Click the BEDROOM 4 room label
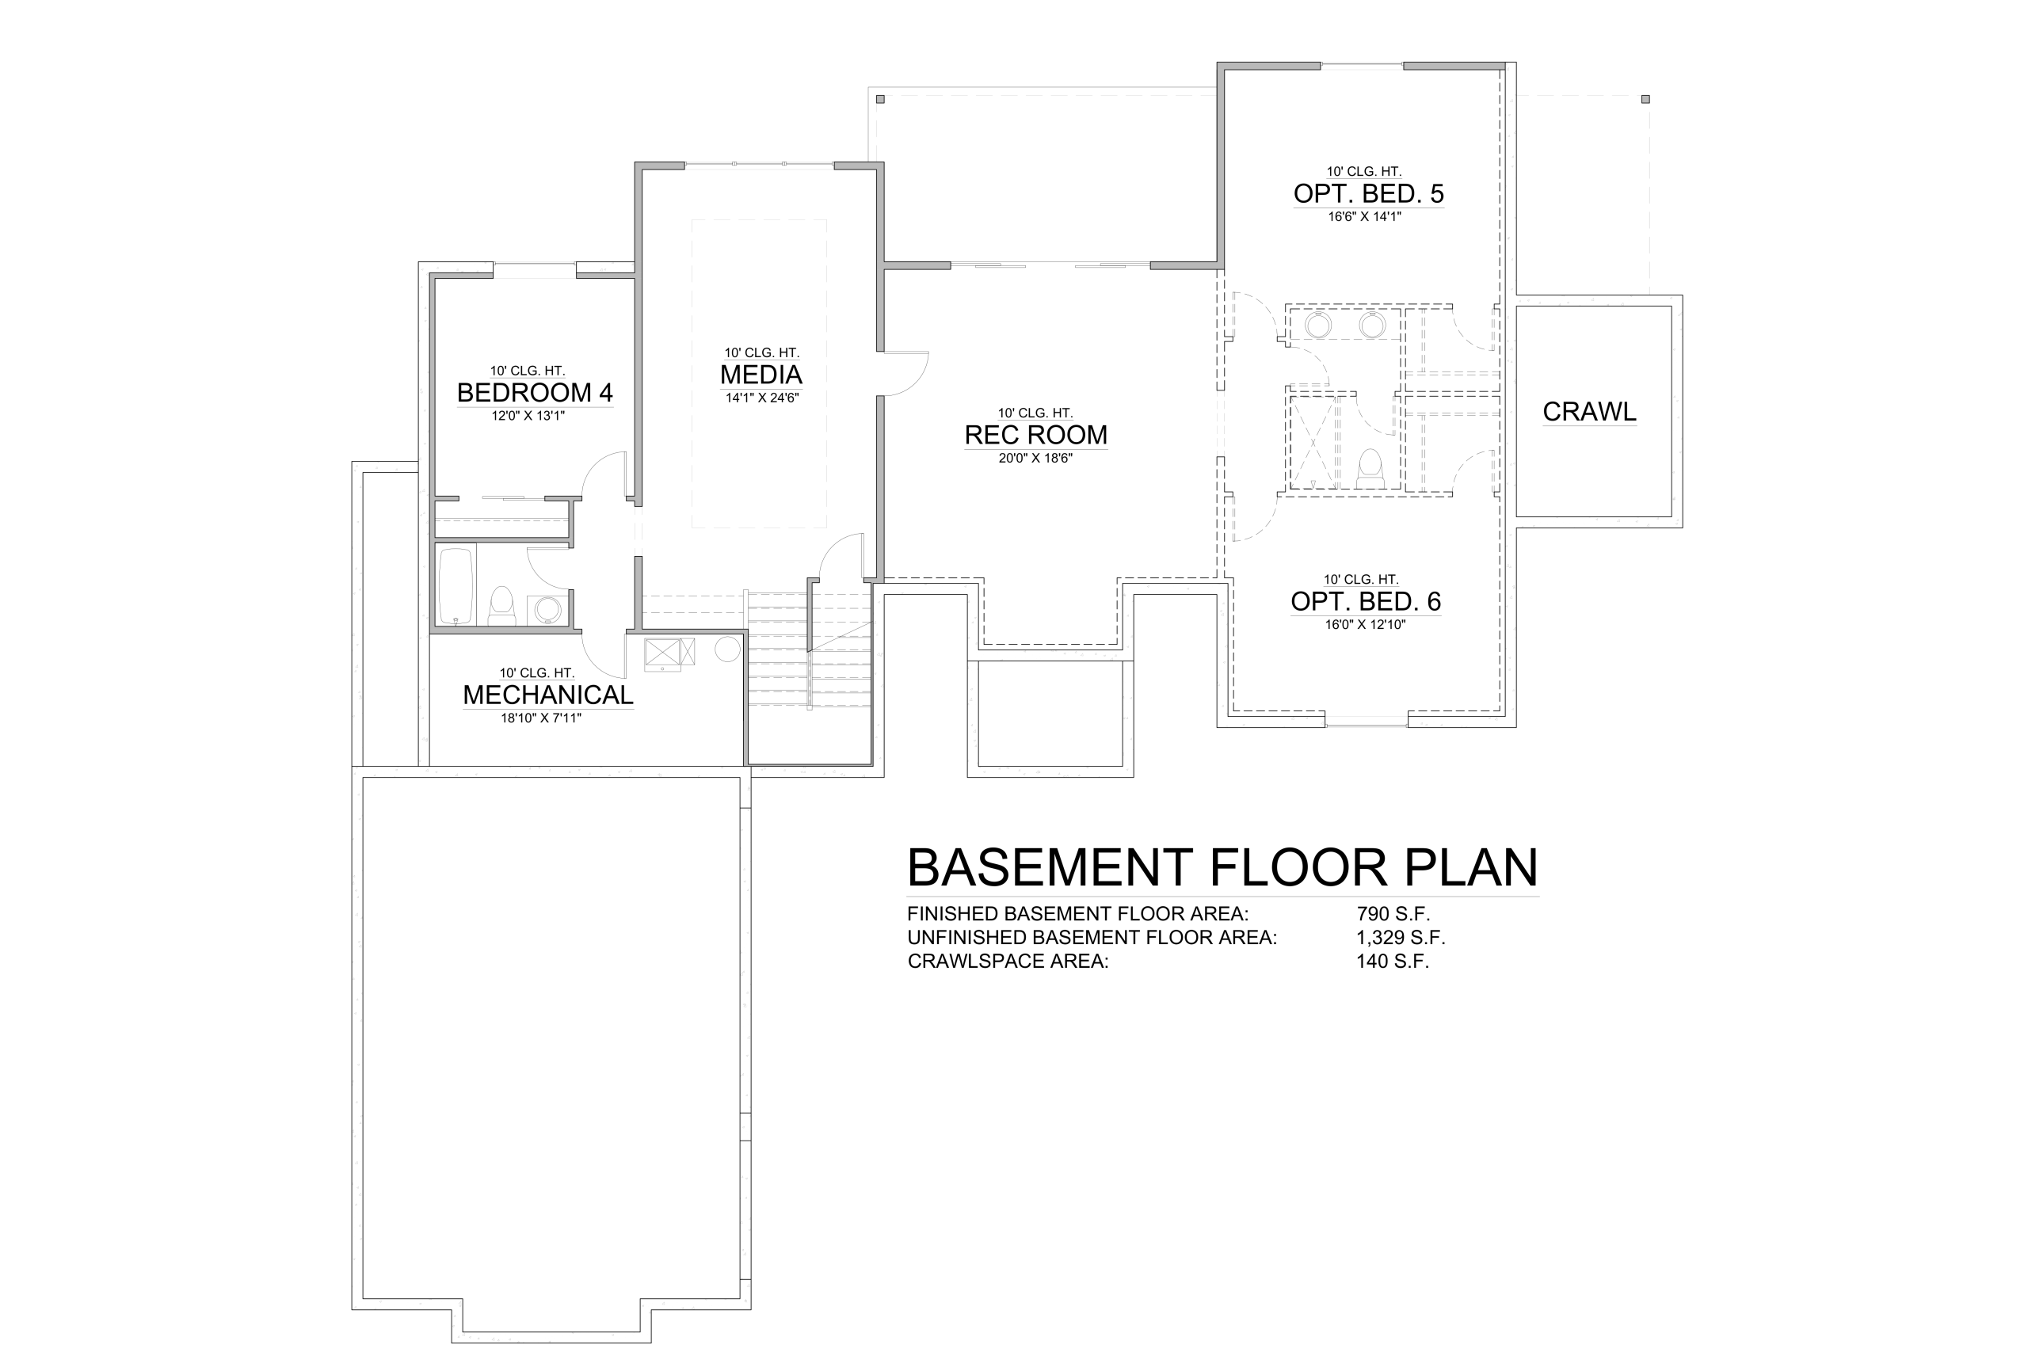point(535,393)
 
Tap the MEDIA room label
point(761,375)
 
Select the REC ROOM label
point(1035,436)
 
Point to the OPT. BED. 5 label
point(1368,194)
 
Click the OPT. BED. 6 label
point(1366,602)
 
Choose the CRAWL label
point(1589,412)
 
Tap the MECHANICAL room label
point(548,695)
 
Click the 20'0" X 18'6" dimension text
point(1035,459)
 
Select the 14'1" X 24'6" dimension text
point(762,398)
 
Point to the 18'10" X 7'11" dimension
point(542,718)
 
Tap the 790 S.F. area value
point(1393,914)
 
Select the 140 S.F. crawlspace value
point(1393,962)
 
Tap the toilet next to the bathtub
point(501,605)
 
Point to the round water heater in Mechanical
point(728,649)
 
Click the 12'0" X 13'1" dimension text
point(528,416)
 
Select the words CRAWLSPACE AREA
point(1008,962)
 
